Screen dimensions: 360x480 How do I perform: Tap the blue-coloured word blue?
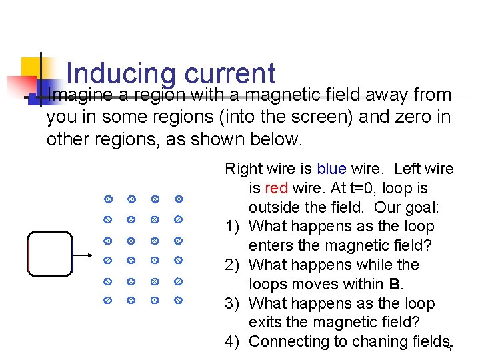pyautogui.click(x=331, y=169)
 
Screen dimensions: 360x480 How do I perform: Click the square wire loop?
pyautogui.click(x=50, y=253)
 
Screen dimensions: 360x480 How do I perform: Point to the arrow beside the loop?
pyautogui.click(x=83, y=255)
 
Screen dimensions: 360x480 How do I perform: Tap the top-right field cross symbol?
pyautogui.click(x=179, y=199)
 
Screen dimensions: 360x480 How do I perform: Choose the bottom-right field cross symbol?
pyautogui.click(x=179, y=301)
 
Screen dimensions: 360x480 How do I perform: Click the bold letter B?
pyautogui.click(x=393, y=284)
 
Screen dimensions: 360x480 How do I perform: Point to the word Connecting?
pyautogui.click(x=289, y=341)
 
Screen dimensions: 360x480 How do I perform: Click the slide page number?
pyautogui.click(x=449, y=348)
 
